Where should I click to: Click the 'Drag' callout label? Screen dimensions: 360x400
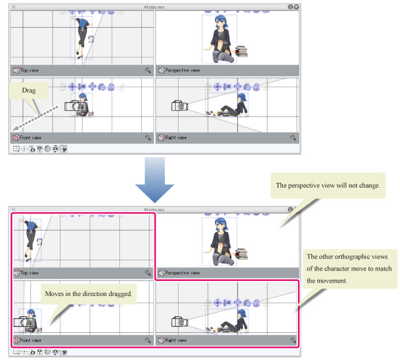click(29, 91)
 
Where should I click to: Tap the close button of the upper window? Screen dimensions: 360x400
click(296, 7)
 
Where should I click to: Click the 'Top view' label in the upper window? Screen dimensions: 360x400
click(29, 70)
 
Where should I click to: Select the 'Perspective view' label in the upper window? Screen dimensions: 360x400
click(182, 70)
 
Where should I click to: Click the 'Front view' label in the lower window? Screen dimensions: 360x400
click(31, 340)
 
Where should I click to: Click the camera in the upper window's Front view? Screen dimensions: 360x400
click(75, 106)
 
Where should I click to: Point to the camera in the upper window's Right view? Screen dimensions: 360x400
click(177, 106)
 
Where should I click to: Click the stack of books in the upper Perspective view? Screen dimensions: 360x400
click(241, 52)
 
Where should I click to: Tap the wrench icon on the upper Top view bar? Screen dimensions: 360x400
click(148, 70)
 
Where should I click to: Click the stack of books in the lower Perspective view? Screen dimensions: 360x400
click(241, 254)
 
